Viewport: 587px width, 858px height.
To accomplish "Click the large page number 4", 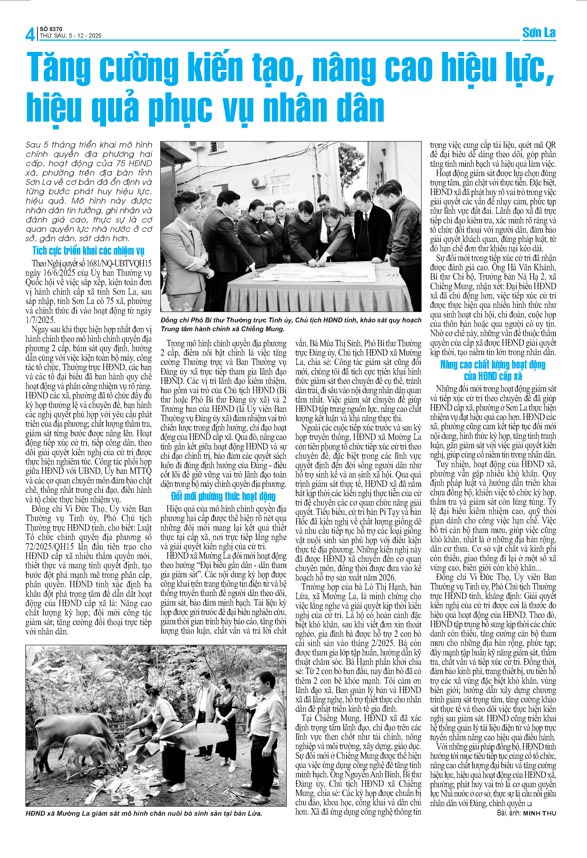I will point(30,34).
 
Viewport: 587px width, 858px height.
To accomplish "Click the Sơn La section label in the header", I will point(539,33).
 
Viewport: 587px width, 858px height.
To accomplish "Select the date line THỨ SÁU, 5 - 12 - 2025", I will point(71,36).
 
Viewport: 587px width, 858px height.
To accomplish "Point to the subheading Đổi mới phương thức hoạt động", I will point(223,496).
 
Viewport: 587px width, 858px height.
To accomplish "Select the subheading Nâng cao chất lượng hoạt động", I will point(493,365).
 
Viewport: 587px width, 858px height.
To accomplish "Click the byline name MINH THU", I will point(539,813).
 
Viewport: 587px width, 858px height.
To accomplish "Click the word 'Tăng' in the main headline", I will point(59,67).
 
